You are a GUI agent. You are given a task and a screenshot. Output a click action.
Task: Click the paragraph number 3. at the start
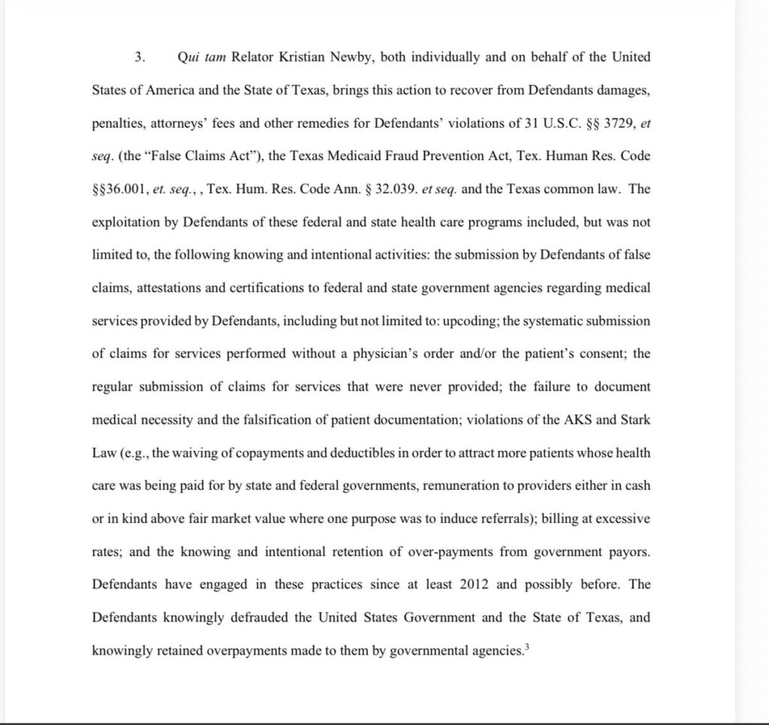pos(139,57)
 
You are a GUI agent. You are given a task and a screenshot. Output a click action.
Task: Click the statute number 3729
pos(588,123)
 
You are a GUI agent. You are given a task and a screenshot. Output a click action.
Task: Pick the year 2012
pos(471,584)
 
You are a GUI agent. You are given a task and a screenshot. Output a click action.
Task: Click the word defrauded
pos(265,617)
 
